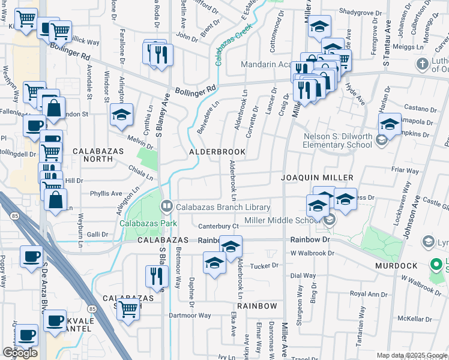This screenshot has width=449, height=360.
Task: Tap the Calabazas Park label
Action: tap(147, 223)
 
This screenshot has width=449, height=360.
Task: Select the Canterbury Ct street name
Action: tap(219, 226)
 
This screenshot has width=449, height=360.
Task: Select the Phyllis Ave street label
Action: tap(106, 194)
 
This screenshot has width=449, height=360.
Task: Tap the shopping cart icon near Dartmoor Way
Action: tap(128, 309)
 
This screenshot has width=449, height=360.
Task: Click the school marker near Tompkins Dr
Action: tap(390, 124)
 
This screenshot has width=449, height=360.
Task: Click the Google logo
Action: tap(19, 353)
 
